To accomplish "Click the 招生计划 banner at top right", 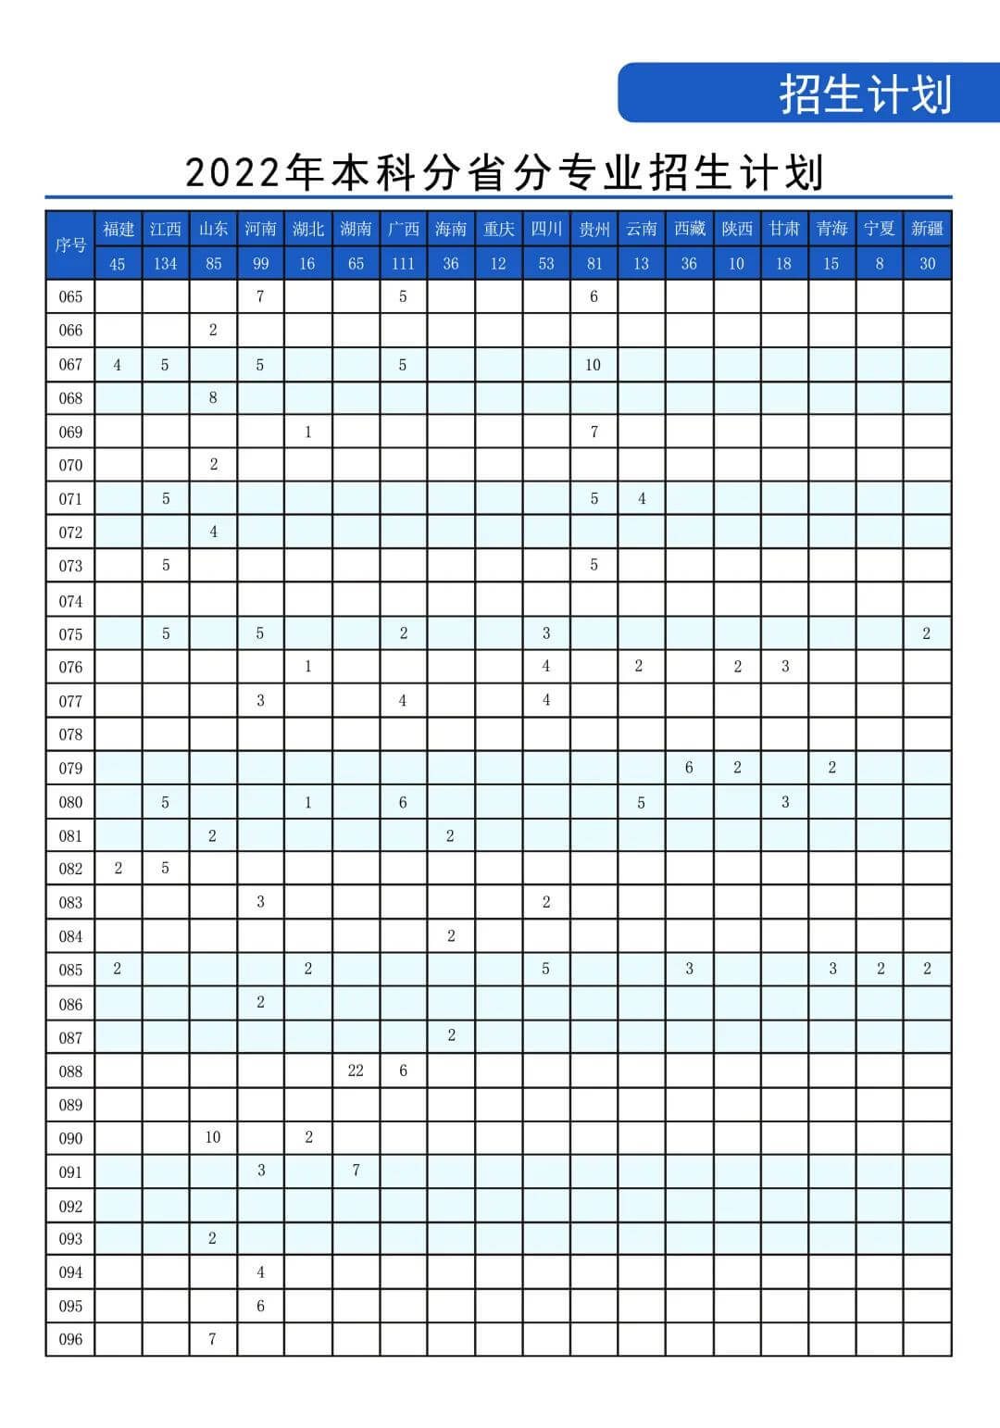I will click(x=865, y=94).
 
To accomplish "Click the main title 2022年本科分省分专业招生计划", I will click(x=504, y=172).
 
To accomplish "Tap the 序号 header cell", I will click(x=70, y=245).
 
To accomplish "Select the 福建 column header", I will click(x=119, y=229).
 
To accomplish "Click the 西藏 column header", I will click(x=689, y=229).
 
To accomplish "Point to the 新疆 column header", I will click(x=927, y=229).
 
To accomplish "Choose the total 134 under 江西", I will click(x=166, y=264).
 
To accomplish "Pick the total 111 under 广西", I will click(x=403, y=264).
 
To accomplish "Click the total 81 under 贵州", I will click(x=594, y=264).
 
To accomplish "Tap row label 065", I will click(x=70, y=297).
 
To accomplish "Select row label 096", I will click(x=70, y=1340).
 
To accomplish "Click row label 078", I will click(x=70, y=735).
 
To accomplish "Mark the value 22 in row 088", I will click(x=356, y=1071).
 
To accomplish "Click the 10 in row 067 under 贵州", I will click(x=594, y=365).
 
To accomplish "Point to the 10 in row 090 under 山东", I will click(x=213, y=1137).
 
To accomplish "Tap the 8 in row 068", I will click(x=213, y=398).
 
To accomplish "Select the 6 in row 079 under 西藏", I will click(x=689, y=768).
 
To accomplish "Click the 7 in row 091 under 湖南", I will click(x=356, y=1171).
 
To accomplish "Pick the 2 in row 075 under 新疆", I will click(x=927, y=634).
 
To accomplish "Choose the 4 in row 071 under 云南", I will click(x=642, y=499).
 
